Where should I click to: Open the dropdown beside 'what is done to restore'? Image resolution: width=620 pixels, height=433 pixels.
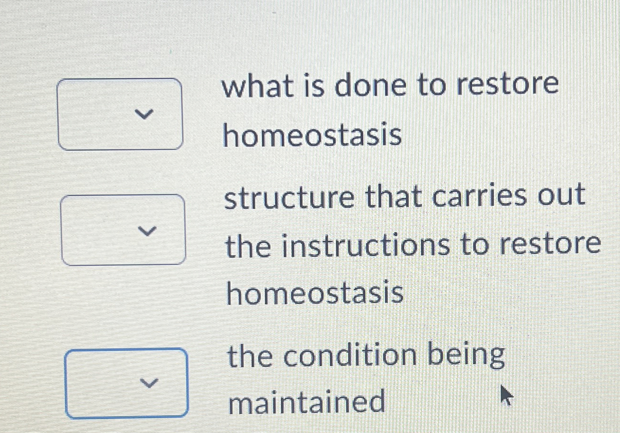(x=120, y=114)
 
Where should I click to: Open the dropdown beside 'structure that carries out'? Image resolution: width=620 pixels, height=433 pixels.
(x=124, y=230)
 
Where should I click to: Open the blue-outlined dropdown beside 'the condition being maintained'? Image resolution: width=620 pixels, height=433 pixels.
(x=126, y=383)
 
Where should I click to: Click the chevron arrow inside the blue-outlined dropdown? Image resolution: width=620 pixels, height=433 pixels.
(x=149, y=383)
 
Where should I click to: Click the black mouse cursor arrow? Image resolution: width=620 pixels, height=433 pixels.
(x=506, y=395)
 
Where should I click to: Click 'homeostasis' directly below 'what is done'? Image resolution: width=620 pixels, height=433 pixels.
(x=313, y=135)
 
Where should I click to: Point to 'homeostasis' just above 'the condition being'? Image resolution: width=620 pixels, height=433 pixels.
(x=315, y=293)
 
